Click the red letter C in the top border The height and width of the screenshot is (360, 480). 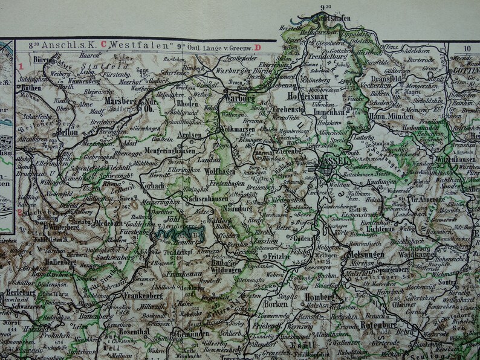(103, 45)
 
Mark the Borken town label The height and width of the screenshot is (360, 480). (277, 306)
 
